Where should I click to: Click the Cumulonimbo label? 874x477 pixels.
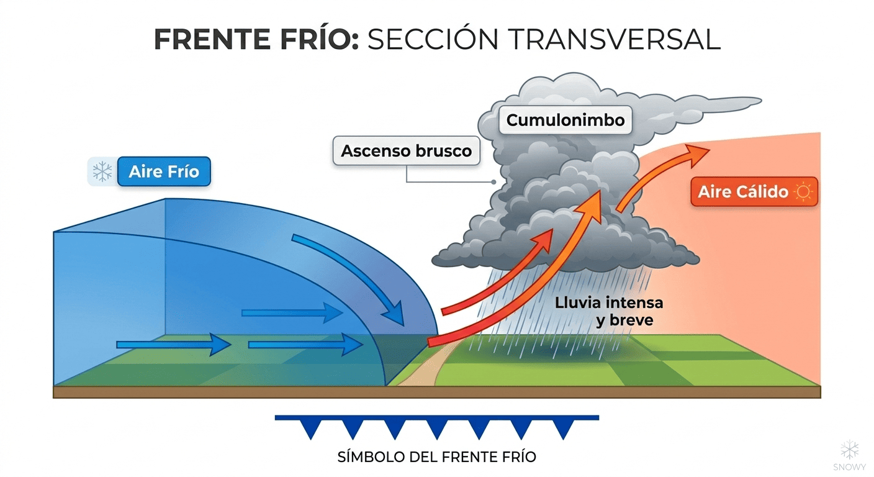coord(565,120)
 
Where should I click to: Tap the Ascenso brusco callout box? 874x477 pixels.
coord(407,151)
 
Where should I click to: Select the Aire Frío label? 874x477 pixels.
coord(164,171)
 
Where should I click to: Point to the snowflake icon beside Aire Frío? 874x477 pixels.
coord(102,171)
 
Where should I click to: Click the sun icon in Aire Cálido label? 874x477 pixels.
coord(803,192)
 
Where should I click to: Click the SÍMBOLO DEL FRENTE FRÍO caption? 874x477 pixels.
coord(436,457)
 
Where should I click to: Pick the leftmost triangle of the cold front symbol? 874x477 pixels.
coord(310,428)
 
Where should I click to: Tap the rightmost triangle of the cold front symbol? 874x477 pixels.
coord(563,428)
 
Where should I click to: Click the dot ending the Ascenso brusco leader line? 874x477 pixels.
coord(493,183)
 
